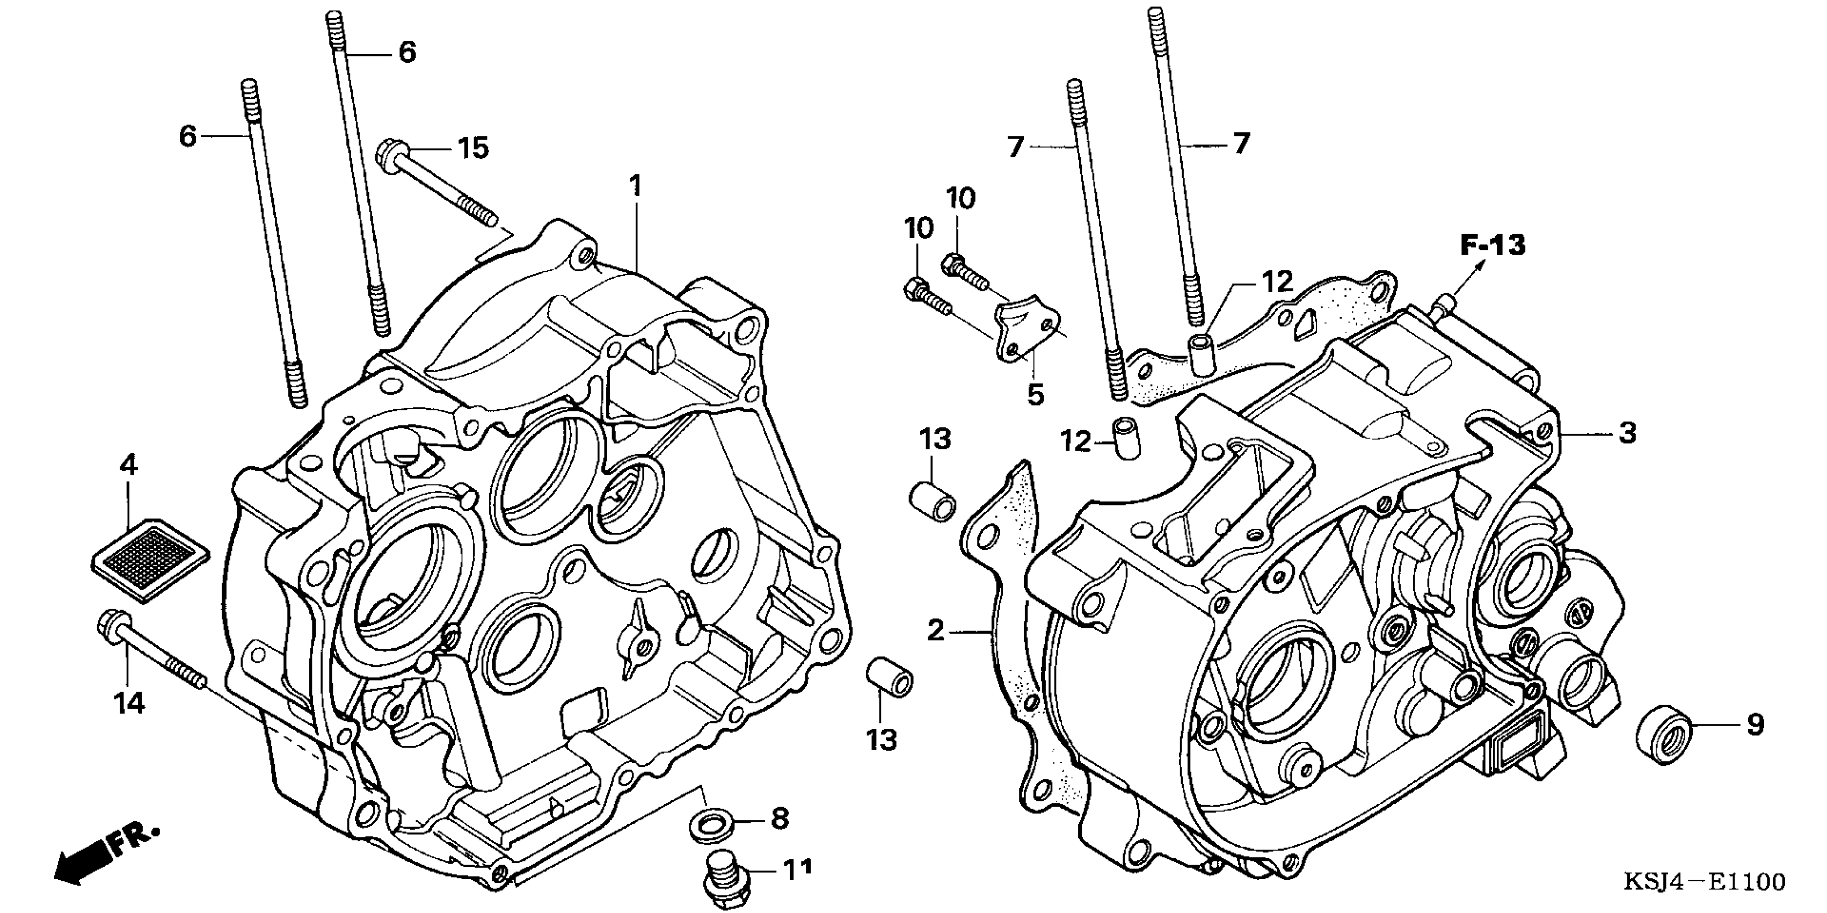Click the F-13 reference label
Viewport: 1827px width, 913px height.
tap(1493, 245)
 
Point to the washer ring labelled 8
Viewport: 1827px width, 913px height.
tap(711, 825)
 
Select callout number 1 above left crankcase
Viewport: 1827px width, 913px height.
tap(636, 186)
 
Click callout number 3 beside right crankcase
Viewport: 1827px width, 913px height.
tap(1627, 432)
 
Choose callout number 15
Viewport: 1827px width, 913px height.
tap(473, 149)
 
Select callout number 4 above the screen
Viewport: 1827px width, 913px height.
tap(128, 466)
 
